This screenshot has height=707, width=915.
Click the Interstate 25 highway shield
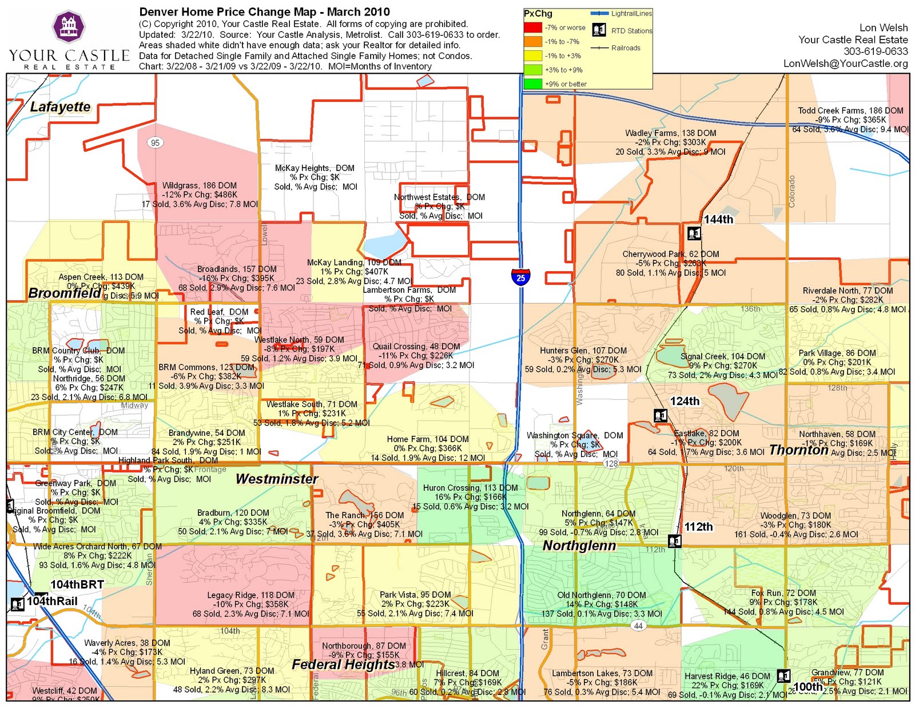tap(520, 277)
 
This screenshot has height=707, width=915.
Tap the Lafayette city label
tap(60, 107)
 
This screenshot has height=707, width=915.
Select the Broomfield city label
tap(65, 293)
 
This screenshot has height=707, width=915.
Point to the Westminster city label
tap(277, 479)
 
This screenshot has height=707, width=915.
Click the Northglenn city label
tap(579, 546)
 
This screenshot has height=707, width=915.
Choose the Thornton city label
tap(799, 450)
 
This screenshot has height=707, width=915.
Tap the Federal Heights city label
tap(343, 664)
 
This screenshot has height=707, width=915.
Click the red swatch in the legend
tap(532, 27)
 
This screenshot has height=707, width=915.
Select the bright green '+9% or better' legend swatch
tap(532, 84)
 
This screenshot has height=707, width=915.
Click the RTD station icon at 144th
tap(694, 233)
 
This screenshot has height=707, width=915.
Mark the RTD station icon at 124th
tap(661, 415)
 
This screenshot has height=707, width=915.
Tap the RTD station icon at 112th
tap(675, 541)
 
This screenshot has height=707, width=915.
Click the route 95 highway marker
tap(155, 142)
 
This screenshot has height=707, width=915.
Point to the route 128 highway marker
tap(611, 463)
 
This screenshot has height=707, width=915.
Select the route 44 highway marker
tap(638, 626)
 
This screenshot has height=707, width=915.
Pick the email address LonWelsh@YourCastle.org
tap(845, 63)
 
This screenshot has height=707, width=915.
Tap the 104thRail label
tap(52, 601)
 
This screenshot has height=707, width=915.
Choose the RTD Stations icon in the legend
tap(599, 30)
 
